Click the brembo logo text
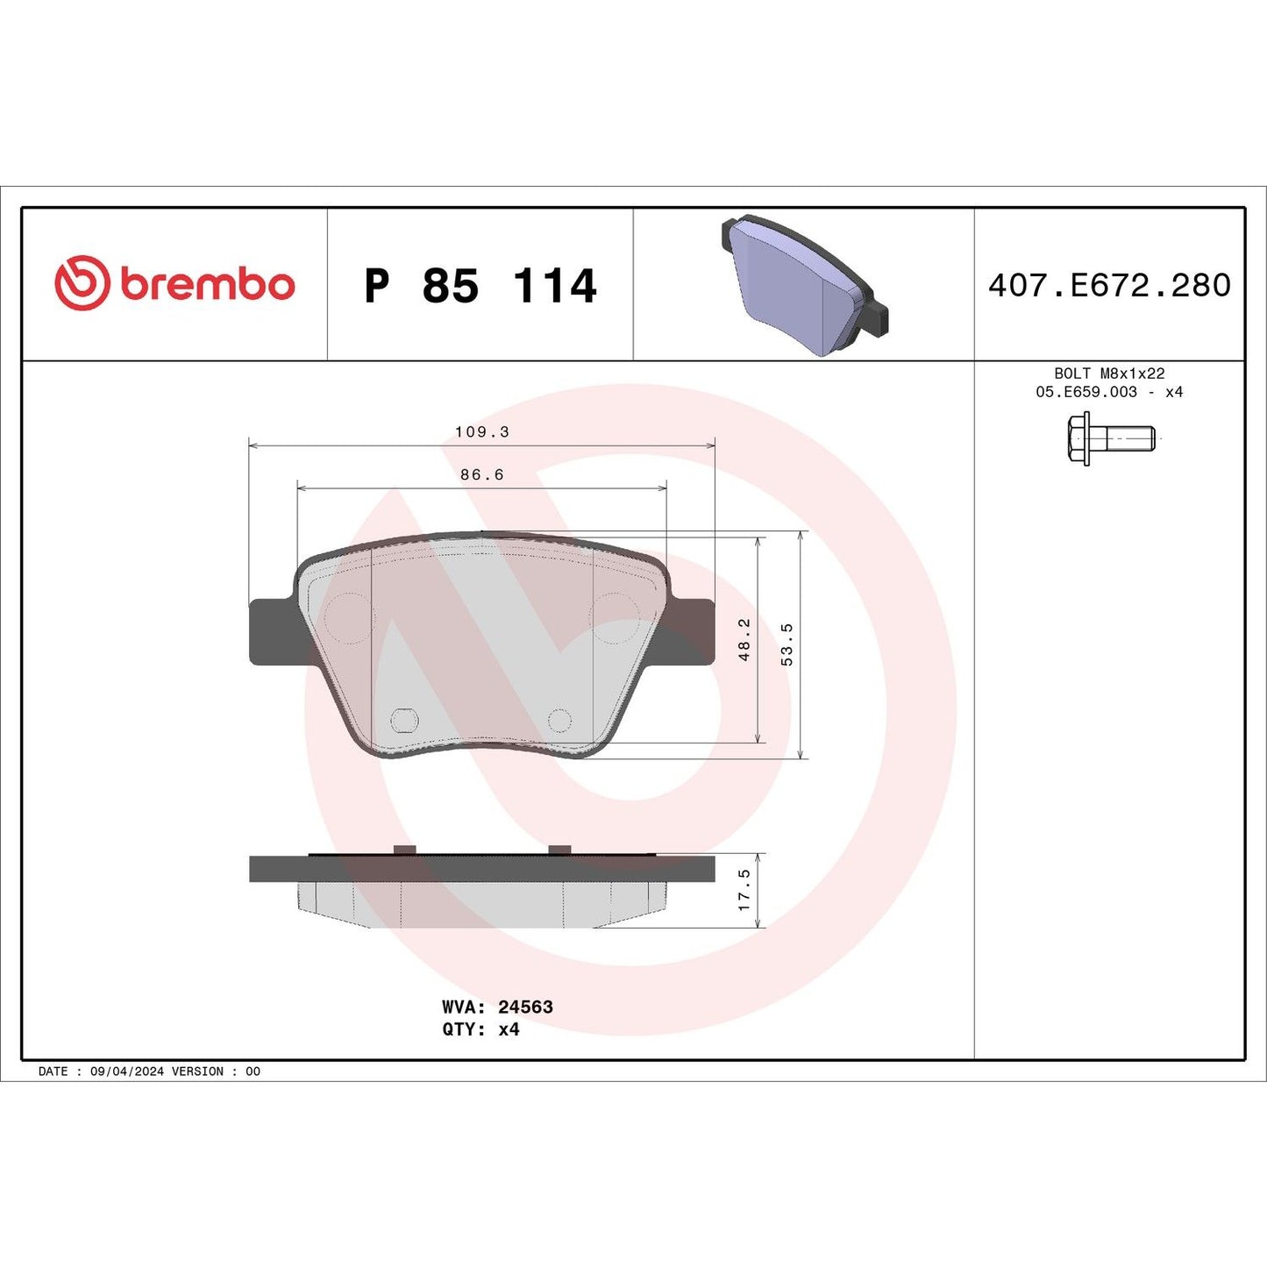207,285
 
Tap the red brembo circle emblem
82,283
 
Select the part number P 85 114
480,286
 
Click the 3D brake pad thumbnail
804,286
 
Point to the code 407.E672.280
1109,286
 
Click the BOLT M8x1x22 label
1109,374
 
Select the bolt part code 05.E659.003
1086,392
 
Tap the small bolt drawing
1110,438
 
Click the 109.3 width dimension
481,432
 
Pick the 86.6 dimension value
481,475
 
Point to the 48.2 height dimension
744,638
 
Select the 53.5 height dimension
787,644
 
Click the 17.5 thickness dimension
744,889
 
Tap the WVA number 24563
525,1007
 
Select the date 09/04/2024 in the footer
126,1071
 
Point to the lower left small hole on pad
403,721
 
